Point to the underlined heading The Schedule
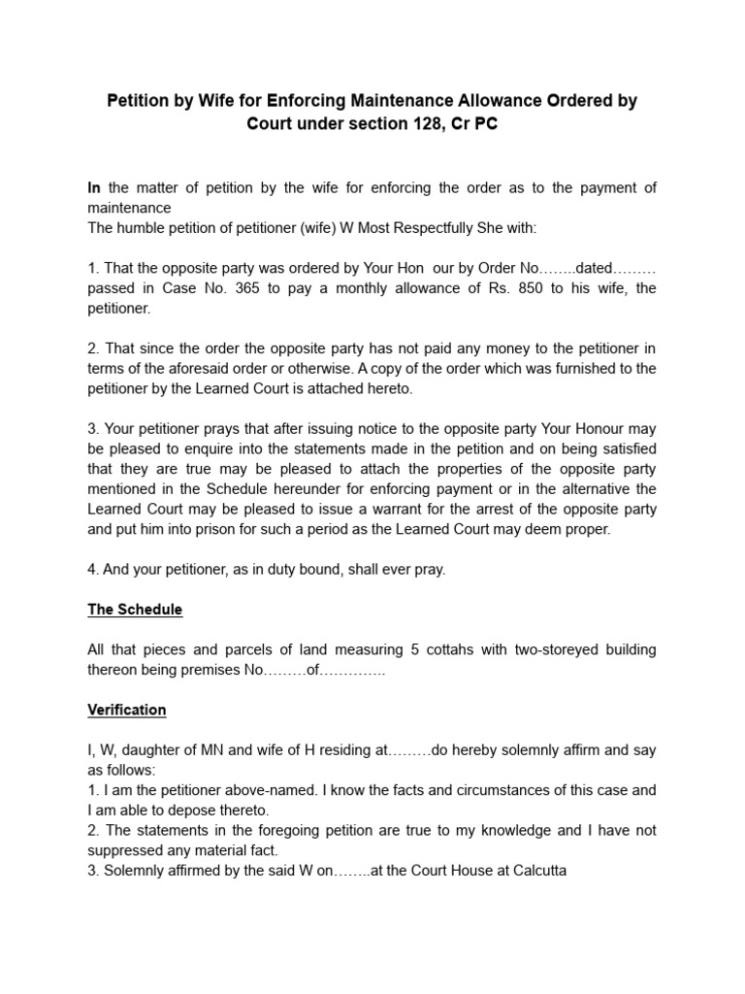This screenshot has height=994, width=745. [135, 610]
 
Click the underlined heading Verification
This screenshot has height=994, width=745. [127, 710]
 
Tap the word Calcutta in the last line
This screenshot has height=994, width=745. [536, 871]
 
